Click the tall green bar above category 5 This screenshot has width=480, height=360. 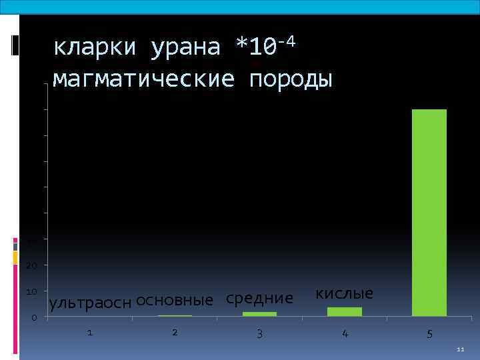tap(429, 212)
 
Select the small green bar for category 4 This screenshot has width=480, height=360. tap(344, 311)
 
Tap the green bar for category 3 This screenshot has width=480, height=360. tap(259, 313)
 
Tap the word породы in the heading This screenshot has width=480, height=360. tap(290, 79)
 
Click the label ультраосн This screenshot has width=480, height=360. tap(91, 303)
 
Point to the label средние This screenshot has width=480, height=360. tap(259, 299)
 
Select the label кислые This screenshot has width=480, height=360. tap(344, 294)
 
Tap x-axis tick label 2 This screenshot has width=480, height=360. tap(175, 332)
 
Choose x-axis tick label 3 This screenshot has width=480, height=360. tap(259, 333)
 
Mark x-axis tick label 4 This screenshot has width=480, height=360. tap(344, 333)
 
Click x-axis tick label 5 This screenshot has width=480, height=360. tap(429, 333)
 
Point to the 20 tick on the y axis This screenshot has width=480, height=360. tap(33, 266)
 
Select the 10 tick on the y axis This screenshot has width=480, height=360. tap(33, 292)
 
